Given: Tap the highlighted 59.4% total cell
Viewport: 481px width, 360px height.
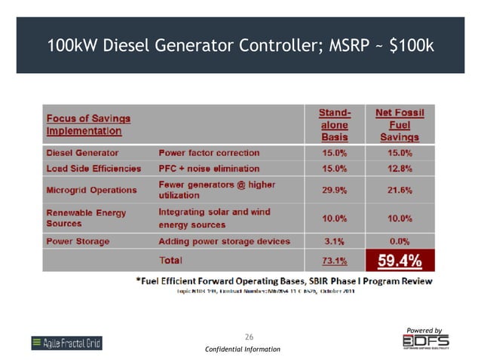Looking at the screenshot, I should pos(399,261).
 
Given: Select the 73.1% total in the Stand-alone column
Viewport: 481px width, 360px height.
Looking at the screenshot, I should pos(335,261).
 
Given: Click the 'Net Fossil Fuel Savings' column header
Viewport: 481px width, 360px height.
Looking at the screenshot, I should pos(400,125).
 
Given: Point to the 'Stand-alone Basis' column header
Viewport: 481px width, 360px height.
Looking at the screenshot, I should pos(335,125).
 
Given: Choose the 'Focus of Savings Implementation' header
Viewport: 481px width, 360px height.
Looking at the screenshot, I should pos(88,124).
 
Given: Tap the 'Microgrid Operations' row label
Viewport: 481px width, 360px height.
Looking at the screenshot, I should pos(91,190).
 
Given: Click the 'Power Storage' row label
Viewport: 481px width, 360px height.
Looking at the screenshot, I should pos(78,242).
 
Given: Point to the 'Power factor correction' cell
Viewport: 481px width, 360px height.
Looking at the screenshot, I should pos(209,153).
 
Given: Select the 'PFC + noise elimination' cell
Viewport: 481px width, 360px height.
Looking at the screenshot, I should pos(209,169).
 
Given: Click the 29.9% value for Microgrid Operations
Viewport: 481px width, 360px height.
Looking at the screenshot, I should pos(335,190).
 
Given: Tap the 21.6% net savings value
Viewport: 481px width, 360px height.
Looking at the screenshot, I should pos(400,190).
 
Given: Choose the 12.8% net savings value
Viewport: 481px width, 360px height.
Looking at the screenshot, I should pos(400,169).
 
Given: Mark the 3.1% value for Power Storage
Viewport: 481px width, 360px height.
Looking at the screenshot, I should pos(335,242).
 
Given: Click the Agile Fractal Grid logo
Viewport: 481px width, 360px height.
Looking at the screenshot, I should pos(66,343).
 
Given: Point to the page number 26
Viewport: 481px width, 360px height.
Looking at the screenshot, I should pos(250,335).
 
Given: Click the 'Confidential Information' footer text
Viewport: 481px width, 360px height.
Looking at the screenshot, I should pos(242,349).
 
